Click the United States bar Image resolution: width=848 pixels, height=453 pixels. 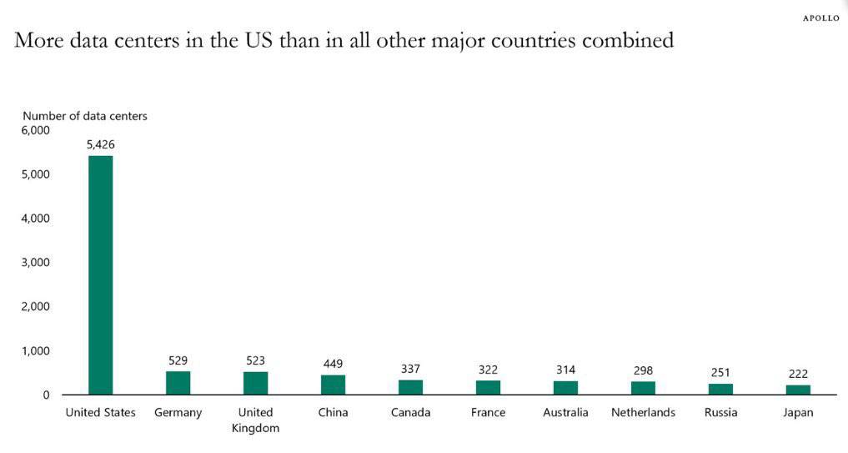tap(100, 275)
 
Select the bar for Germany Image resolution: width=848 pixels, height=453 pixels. tap(178, 383)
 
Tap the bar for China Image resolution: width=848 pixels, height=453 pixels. tap(333, 385)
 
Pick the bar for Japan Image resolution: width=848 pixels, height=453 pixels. tap(798, 390)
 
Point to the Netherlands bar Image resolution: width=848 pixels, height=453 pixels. tap(643, 388)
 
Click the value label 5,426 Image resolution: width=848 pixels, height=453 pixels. tap(100, 144)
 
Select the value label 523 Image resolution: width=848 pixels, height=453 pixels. tap(255, 360)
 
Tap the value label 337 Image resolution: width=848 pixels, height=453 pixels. tap(410, 369)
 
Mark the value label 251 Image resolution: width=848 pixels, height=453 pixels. tap(720, 373)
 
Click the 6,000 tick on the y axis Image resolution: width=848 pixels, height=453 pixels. tap(36, 130)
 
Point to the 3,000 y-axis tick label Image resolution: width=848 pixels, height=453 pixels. tap(36, 262)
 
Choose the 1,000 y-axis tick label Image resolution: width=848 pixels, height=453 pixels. tap(36, 350)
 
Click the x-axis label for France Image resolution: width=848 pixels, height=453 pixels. tap(488, 412)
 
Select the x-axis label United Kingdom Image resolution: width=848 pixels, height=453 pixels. tap(255, 420)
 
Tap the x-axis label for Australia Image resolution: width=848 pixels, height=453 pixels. tap(565, 412)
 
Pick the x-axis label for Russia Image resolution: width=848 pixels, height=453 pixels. tap(720, 412)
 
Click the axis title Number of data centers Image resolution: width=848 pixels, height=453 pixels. tap(85, 116)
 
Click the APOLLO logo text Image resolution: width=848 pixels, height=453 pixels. tap(821, 18)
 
